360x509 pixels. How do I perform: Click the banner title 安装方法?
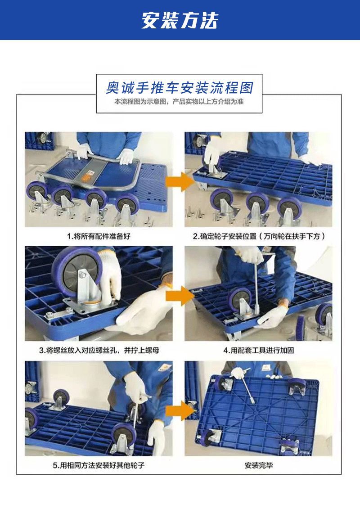tap(180, 20)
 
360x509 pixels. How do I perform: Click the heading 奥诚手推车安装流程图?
tap(180, 87)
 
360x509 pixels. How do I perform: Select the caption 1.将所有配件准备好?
tap(99, 236)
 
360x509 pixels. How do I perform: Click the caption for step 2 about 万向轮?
tap(258, 236)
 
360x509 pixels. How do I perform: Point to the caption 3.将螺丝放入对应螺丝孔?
tap(99, 350)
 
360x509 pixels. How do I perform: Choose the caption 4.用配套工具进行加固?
tap(258, 350)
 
